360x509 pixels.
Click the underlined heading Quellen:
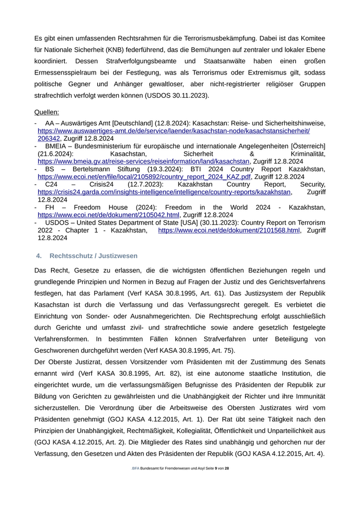46,112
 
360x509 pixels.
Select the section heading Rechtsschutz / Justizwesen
94,256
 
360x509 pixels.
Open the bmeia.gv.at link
143,161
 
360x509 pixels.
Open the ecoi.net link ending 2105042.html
109,215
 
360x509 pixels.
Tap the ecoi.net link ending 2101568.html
229,230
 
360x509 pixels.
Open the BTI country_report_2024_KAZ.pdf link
145,176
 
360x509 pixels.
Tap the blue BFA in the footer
135,468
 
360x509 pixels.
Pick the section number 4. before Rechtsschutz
39,256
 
